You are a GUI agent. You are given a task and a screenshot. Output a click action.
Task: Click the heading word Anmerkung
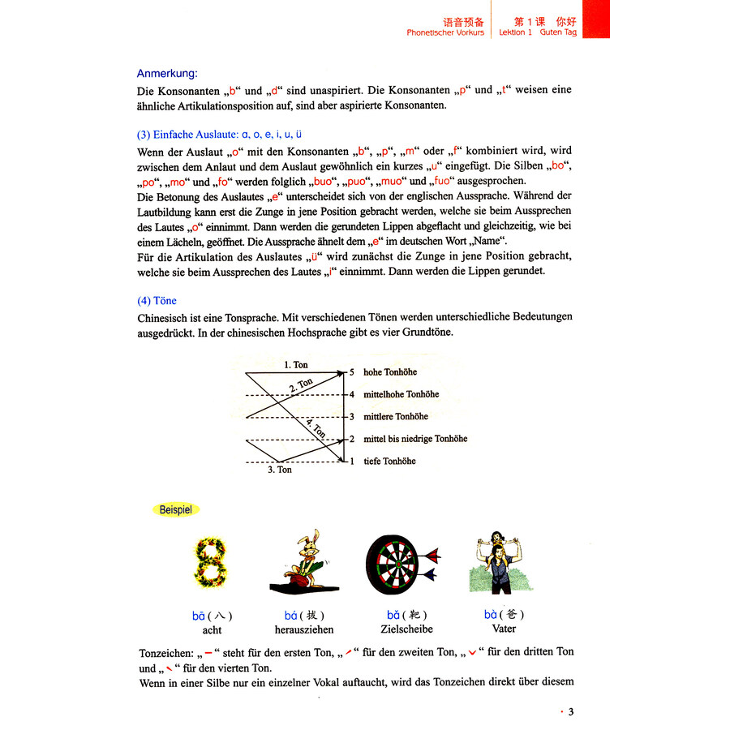[x=167, y=73]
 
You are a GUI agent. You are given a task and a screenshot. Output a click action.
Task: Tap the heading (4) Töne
[x=157, y=300]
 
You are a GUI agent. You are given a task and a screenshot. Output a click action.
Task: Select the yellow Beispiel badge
[x=174, y=509]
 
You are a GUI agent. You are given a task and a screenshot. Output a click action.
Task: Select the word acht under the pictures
[x=212, y=630]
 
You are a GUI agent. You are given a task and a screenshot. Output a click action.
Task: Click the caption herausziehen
[x=298, y=630]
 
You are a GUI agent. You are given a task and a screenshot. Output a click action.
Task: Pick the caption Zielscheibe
[x=406, y=629]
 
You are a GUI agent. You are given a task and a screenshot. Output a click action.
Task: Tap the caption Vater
[x=504, y=629]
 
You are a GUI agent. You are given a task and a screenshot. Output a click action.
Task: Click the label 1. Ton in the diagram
[x=296, y=365]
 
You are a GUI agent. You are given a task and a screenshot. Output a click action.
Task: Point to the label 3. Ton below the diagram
[x=279, y=470]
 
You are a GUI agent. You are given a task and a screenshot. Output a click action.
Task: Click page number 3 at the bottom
[x=570, y=712]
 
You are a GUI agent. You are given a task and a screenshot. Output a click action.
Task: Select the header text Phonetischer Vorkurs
[x=445, y=32]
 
